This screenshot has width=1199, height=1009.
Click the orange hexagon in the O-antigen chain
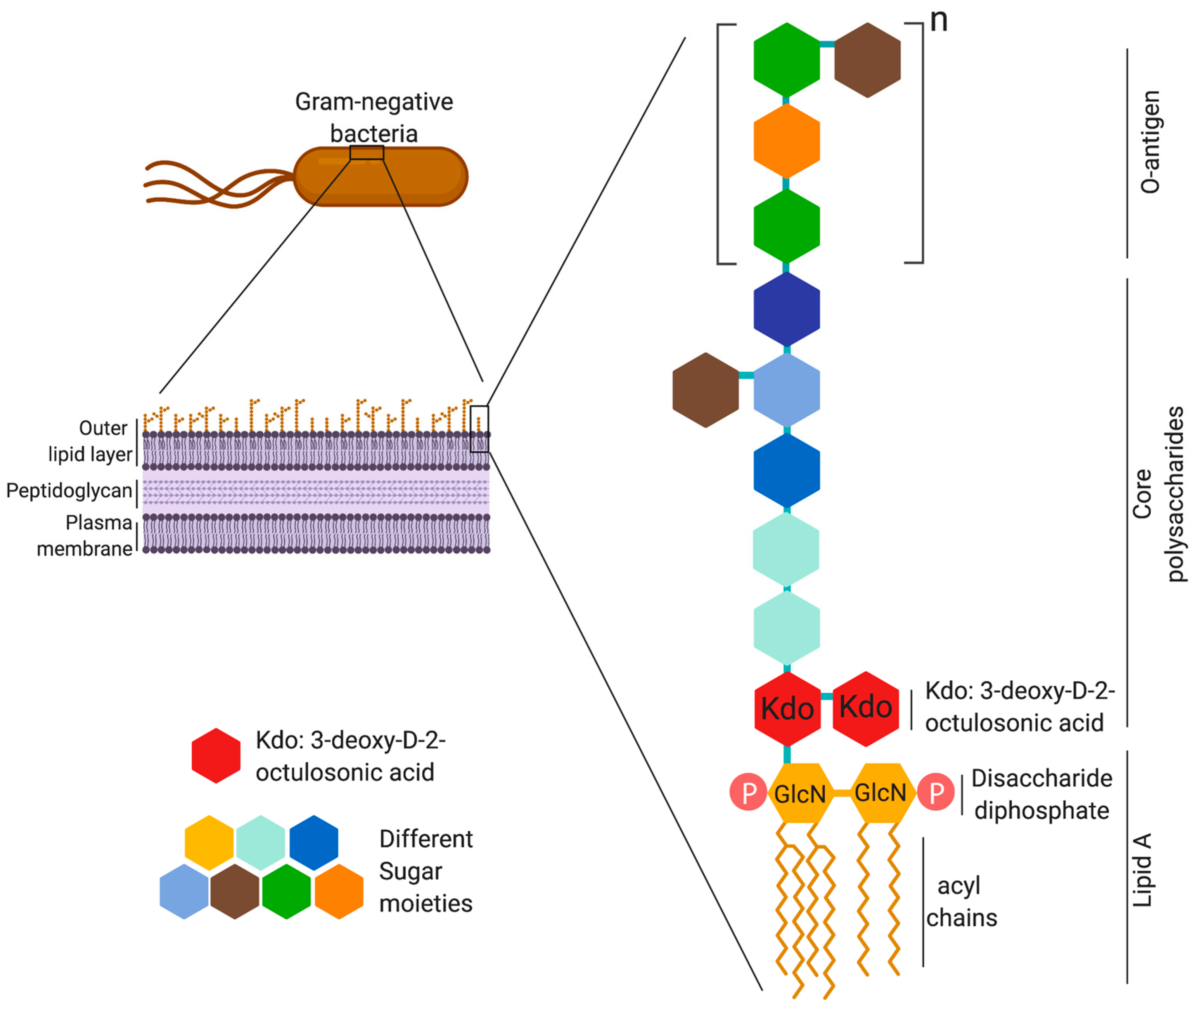(x=787, y=141)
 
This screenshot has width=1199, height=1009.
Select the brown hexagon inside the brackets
(x=867, y=60)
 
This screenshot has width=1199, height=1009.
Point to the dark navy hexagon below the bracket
(x=787, y=309)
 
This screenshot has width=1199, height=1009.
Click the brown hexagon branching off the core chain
(x=706, y=390)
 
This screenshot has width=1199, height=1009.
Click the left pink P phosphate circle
(x=748, y=792)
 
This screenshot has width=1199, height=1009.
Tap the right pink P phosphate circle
(x=935, y=792)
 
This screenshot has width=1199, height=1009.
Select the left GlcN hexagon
(x=799, y=793)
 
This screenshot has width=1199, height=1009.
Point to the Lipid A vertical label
(x=1142, y=870)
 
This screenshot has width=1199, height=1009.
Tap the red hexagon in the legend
(x=216, y=756)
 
